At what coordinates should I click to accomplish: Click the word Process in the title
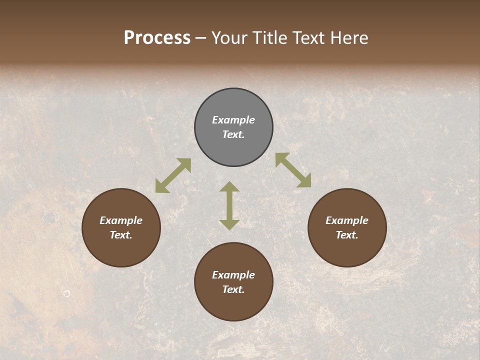[x=157, y=38]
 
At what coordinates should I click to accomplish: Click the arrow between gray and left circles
[x=173, y=175]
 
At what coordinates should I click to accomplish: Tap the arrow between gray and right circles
[x=293, y=170]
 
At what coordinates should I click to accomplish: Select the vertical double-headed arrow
[x=229, y=205]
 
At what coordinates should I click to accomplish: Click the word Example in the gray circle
[x=233, y=120]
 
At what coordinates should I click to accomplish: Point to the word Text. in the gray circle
[x=233, y=134]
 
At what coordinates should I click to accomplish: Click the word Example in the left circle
[x=121, y=220]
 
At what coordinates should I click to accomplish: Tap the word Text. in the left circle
[x=121, y=235]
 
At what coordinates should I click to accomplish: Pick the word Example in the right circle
[x=347, y=220]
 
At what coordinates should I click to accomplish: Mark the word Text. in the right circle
[x=347, y=235]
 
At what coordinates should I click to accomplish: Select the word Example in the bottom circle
[x=233, y=275]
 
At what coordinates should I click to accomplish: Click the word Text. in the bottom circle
[x=233, y=289]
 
